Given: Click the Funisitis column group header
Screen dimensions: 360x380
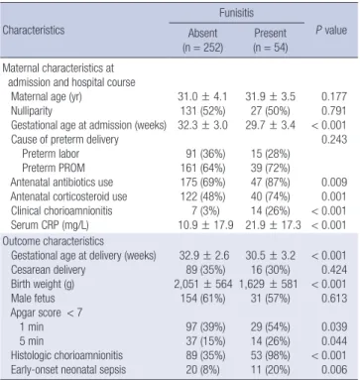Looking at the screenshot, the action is (236, 13).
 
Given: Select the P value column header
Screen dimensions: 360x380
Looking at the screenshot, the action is (331, 30).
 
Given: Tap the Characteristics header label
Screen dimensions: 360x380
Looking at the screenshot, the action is (34, 30).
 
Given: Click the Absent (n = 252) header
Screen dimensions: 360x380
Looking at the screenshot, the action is (203, 40).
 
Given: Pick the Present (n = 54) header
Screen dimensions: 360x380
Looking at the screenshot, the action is (271, 40).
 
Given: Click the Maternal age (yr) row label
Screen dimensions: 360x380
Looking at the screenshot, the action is (47, 96).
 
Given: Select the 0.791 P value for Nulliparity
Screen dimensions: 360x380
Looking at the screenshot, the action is (334, 111).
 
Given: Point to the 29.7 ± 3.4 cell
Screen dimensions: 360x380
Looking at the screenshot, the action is (270, 125).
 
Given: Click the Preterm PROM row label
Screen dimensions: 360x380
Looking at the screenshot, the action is (54, 168).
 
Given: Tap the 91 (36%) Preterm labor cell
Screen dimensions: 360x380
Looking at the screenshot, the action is (205, 154).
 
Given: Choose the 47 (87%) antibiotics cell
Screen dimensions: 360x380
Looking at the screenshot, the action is (270, 183).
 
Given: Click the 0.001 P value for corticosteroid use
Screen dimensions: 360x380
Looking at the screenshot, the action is (334, 196).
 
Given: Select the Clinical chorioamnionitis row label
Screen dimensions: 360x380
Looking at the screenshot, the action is (61, 210).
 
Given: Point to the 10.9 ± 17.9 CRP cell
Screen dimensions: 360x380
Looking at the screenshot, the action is (205, 225).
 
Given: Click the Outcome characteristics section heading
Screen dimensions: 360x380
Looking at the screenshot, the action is (54, 241).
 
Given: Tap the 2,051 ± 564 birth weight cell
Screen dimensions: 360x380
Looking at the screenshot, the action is (203, 284).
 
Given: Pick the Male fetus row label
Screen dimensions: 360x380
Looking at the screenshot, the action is (33, 299).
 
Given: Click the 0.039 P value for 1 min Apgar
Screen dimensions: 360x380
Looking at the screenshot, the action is (334, 326).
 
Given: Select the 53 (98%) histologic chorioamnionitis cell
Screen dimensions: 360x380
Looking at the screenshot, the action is (270, 355).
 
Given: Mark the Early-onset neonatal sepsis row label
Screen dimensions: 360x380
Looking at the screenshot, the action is (68, 370).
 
